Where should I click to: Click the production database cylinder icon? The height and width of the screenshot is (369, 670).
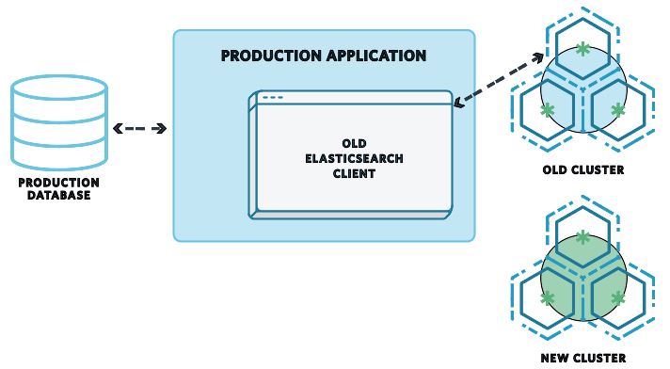(x=58, y=122)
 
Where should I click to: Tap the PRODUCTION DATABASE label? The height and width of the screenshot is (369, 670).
(x=58, y=188)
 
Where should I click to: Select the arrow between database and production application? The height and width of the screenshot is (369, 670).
(x=139, y=128)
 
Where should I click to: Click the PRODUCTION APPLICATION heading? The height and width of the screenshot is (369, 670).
(x=324, y=56)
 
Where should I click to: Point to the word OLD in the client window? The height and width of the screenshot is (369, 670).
(x=354, y=144)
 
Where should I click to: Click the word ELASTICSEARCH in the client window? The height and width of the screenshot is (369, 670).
(x=354, y=159)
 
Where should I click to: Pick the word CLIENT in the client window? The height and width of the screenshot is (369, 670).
(x=354, y=174)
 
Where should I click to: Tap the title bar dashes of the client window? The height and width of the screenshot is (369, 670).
(x=272, y=98)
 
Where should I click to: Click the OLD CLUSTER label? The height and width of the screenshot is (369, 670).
(x=583, y=170)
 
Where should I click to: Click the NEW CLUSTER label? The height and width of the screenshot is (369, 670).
(x=583, y=358)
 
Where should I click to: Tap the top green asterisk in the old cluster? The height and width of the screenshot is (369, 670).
(x=583, y=48)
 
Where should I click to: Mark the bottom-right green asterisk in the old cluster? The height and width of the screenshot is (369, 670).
(x=617, y=110)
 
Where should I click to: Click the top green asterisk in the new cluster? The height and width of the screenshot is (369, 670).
(x=583, y=236)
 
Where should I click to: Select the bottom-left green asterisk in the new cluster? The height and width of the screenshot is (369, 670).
(x=548, y=297)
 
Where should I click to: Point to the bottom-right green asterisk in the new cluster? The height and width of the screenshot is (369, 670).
(x=617, y=297)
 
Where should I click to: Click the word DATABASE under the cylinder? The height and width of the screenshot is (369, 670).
(x=58, y=195)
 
